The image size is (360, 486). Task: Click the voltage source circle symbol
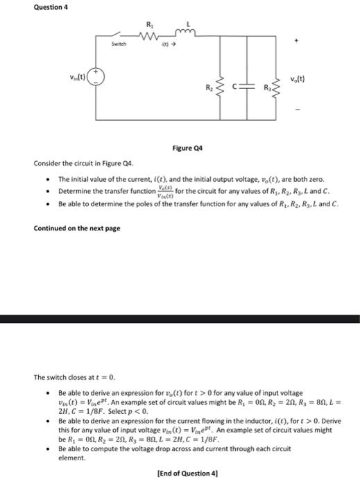(x=101, y=78)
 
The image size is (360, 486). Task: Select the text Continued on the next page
(x=77, y=228)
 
